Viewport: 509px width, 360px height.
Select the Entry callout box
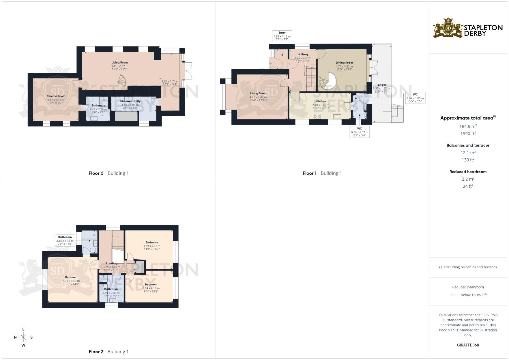click(282, 36)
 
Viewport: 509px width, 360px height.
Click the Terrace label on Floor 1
click(381, 85)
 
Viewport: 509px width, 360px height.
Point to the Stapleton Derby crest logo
click(448, 28)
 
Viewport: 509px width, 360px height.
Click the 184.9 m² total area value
click(468, 126)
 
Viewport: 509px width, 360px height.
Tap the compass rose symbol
click(23, 337)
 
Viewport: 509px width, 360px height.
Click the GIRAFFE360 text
click(468, 345)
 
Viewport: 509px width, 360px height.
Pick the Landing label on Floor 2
click(111, 263)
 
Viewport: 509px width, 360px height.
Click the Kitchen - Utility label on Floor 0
click(130, 101)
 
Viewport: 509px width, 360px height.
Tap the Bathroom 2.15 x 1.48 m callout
click(65, 240)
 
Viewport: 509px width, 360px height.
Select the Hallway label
click(303, 54)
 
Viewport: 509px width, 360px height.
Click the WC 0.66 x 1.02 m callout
click(359, 132)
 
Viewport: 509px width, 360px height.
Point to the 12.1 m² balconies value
click(468, 153)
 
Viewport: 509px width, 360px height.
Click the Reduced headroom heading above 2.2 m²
click(468, 172)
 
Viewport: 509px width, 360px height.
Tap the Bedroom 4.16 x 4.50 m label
click(71, 277)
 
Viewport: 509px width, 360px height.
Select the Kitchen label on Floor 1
click(321, 101)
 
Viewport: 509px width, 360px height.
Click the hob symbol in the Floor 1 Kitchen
click(317, 116)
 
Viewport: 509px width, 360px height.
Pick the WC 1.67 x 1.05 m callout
click(415, 98)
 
